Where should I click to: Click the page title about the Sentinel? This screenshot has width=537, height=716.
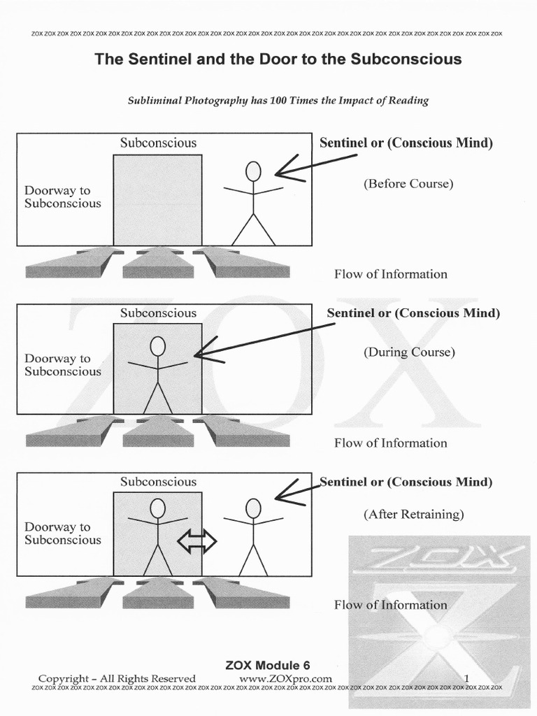point(278,59)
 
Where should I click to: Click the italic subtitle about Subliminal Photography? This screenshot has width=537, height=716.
point(278,100)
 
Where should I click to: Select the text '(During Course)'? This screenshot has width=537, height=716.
point(408,352)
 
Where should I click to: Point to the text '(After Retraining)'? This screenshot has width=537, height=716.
point(413,514)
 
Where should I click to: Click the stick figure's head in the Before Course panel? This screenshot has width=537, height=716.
point(253,171)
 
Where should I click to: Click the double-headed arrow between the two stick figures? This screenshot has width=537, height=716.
point(196,540)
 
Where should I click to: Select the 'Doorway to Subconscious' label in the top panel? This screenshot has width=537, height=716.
point(62,196)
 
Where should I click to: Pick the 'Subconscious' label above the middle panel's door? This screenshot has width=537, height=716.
point(158,313)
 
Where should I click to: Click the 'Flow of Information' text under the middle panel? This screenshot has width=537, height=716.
point(390,443)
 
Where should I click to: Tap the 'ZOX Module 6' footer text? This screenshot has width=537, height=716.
point(267,665)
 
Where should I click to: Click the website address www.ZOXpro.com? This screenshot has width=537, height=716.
point(285,678)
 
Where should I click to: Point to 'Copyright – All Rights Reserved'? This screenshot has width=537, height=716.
point(117,678)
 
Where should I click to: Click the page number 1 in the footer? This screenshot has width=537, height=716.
point(466,678)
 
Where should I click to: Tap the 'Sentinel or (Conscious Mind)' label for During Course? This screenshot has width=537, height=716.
point(413,313)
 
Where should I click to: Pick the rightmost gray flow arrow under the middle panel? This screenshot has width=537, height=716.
point(245,431)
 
